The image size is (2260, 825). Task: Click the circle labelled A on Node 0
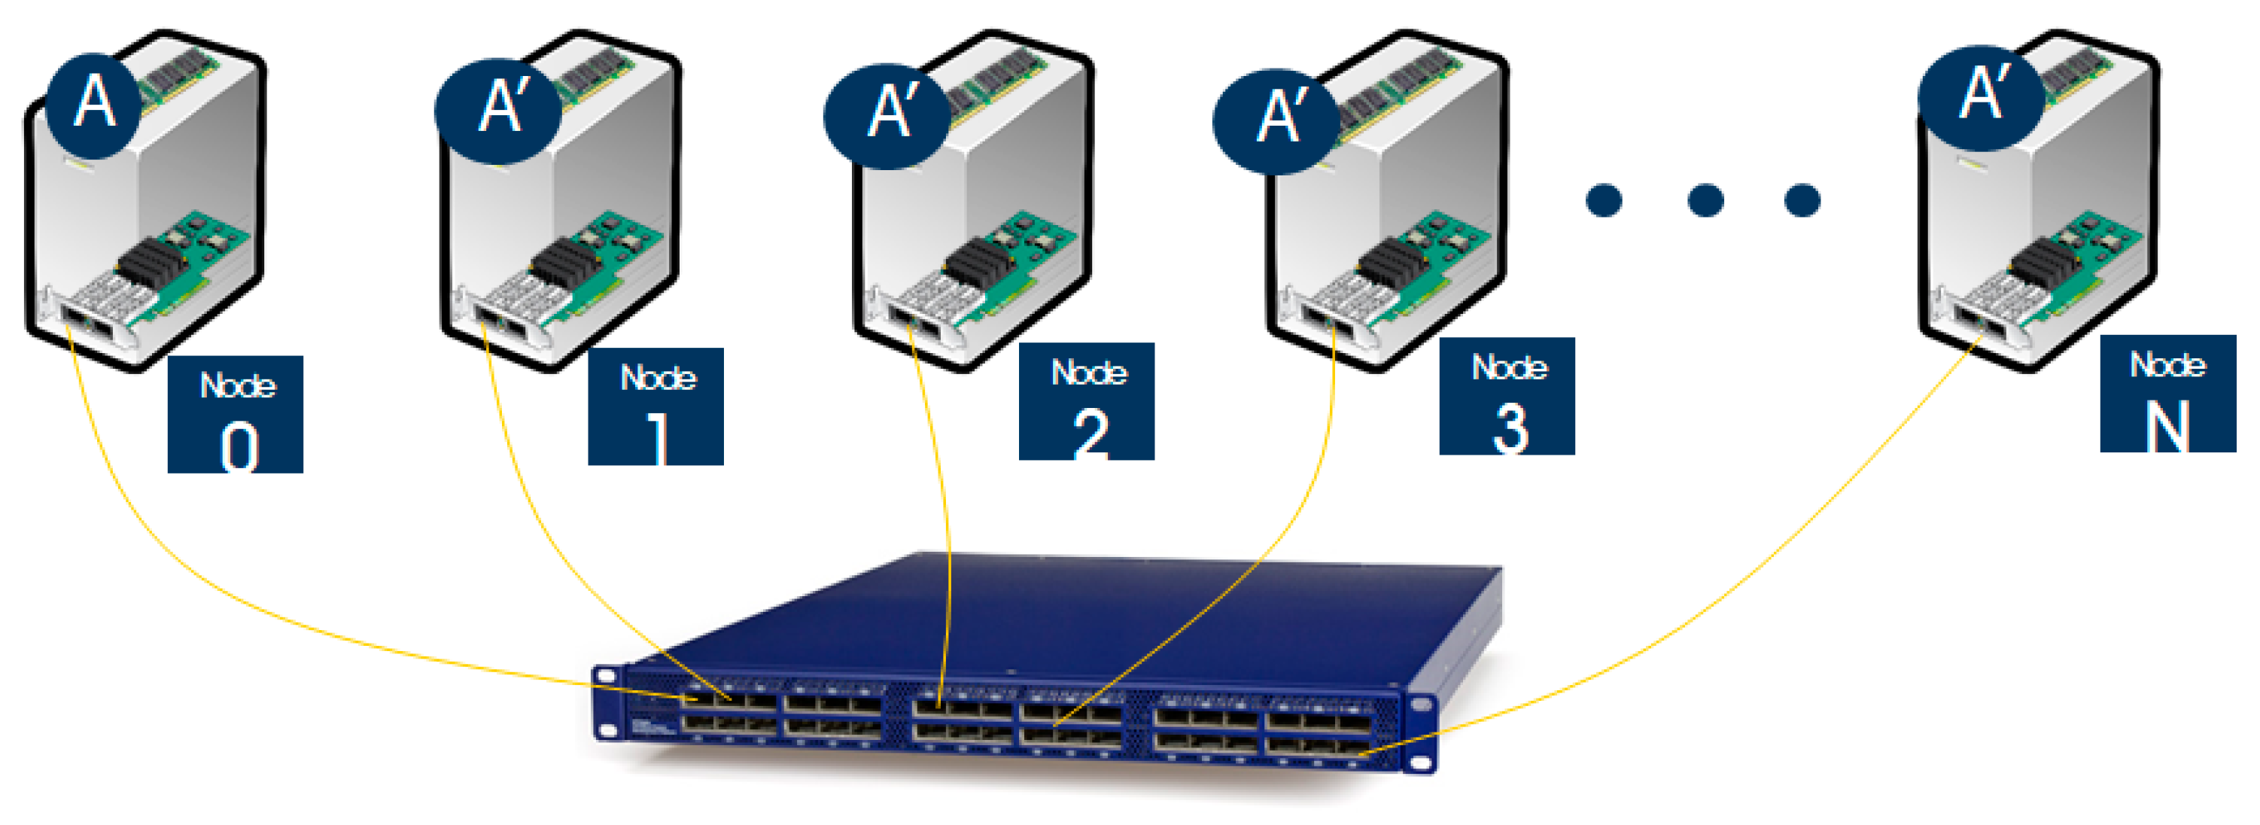pyautogui.click(x=93, y=105)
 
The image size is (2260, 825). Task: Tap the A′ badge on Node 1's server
pyautogui.click(x=498, y=111)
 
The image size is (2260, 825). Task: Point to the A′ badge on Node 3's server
pyautogui.click(x=1276, y=121)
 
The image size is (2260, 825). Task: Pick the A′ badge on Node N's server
pyautogui.click(x=1981, y=96)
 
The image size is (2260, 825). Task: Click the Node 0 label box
pyautogui.click(x=235, y=414)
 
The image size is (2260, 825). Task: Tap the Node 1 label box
pyautogui.click(x=655, y=406)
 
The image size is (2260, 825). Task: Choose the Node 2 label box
pyautogui.click(x=1086, y=401)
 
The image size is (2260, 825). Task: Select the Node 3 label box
pyautogui.click(x=1507, y=396)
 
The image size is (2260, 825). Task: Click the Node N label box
pyautogui.click(x=2167, y=393)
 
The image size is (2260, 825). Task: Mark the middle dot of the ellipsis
pyautogui.click(x=1705, y=200)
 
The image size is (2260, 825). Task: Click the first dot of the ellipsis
pyautogui.click(x=1604, y=200)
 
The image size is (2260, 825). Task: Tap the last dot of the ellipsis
pyautogui.click(x=1802, y=200)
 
